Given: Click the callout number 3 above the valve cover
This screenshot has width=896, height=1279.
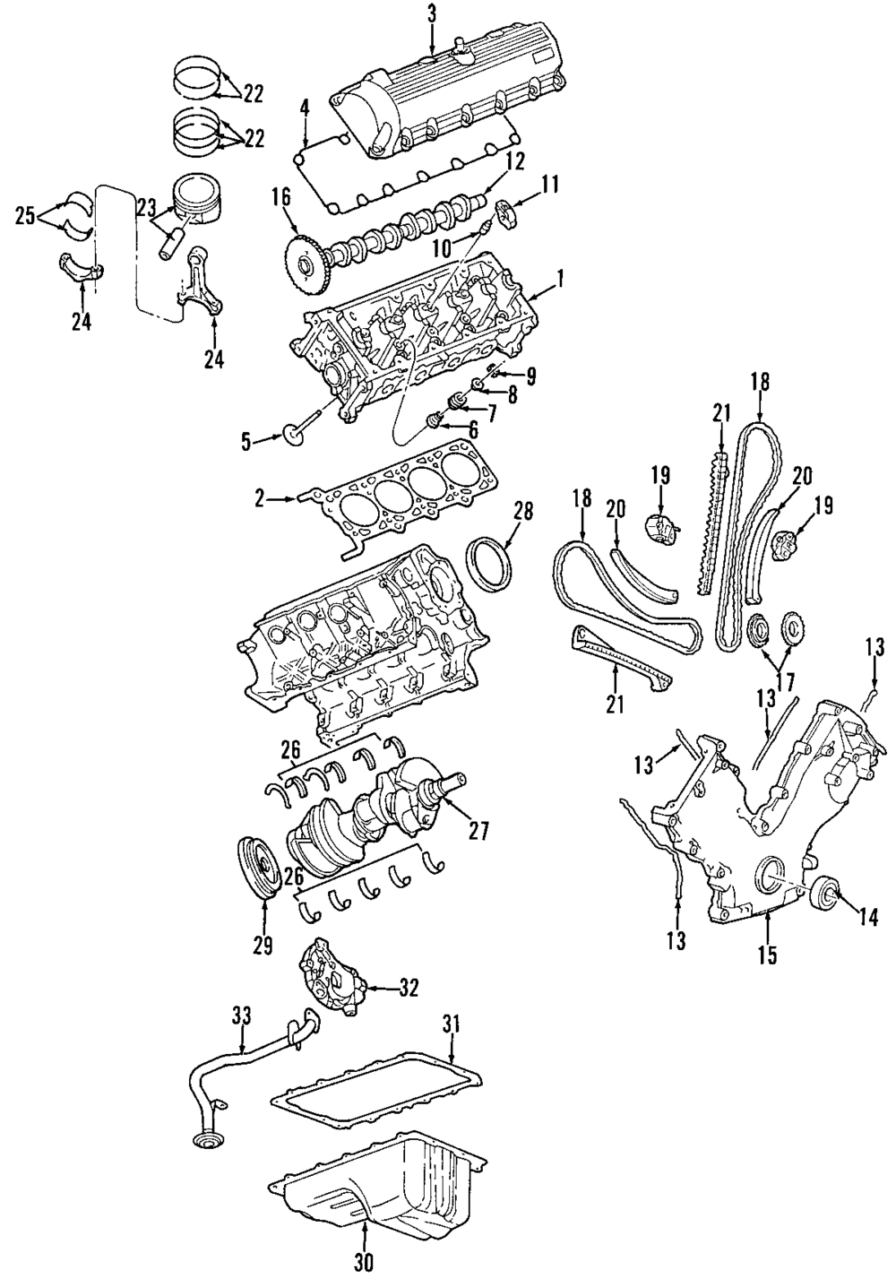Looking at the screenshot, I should tap(432, 13).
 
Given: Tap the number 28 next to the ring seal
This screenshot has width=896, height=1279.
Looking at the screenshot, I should tap(523, 512).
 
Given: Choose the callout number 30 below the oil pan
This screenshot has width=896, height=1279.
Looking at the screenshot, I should tap(363, 1262).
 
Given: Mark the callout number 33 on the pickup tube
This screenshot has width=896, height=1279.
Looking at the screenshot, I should tap(243, 1016).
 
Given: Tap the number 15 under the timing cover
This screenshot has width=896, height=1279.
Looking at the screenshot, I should tap(766, 955).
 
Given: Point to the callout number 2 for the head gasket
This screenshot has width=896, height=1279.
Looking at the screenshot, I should tap(260, 498).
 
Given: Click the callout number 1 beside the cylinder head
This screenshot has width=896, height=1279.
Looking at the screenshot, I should tap(560, 280).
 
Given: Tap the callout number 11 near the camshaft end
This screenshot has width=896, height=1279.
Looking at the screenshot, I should tap(548, 186).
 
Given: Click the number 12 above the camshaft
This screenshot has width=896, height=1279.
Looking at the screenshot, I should tap(513, 162).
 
